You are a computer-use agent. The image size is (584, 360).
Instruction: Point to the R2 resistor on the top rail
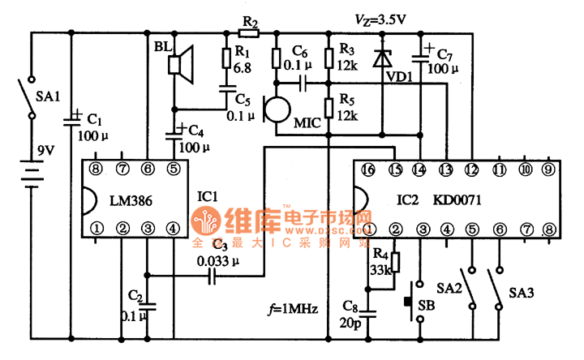click(x=249, y=33)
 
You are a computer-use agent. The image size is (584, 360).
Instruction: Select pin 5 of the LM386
click(x=173, y=169)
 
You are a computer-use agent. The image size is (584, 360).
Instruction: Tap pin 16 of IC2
click(x=369, y=169)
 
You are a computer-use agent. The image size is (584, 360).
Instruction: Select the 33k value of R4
click(x=380, y=270)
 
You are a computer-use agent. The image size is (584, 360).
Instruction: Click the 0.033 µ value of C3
click(x=218, y=261)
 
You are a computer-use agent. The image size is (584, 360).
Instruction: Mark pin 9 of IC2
click(x=550, y=169)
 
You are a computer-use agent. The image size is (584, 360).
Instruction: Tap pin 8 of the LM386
click(x=97, y=169)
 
